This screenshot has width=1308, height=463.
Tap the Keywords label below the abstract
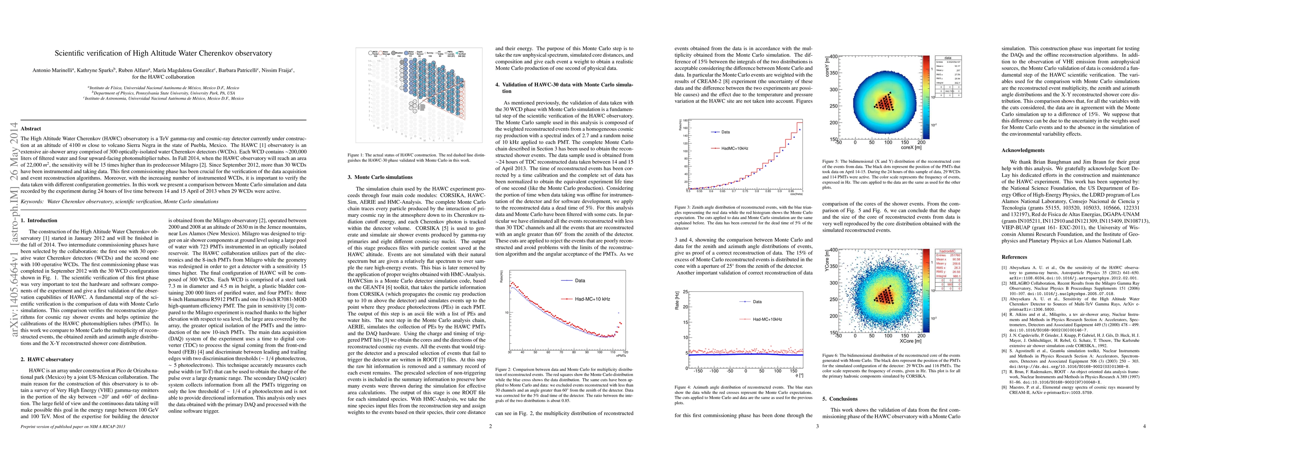32,202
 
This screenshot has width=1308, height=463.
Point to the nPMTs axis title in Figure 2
620,356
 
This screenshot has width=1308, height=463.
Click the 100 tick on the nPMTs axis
599,352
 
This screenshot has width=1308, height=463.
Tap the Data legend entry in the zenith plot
725,132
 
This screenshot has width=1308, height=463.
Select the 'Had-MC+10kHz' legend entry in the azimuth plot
767,319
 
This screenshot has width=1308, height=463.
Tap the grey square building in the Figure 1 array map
421,107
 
